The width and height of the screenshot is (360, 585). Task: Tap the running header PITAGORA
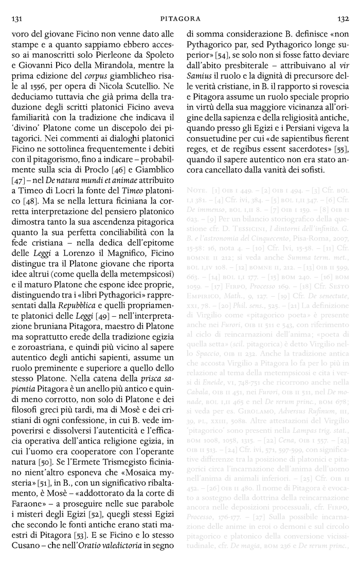180,19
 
